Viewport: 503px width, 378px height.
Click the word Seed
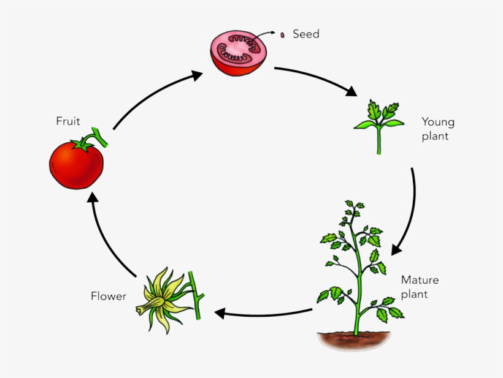point(305,34)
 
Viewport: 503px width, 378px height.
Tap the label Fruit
point(68,121)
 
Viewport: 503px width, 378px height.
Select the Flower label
point(109,297)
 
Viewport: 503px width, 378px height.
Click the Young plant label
point(438,129)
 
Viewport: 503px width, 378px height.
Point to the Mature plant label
point(420,287)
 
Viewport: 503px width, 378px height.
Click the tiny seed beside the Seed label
point(282,35)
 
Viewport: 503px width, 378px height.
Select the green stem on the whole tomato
point(99,138)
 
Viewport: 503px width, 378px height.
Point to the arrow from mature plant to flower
point(264,313)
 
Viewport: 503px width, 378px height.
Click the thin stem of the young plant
point(378,141)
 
